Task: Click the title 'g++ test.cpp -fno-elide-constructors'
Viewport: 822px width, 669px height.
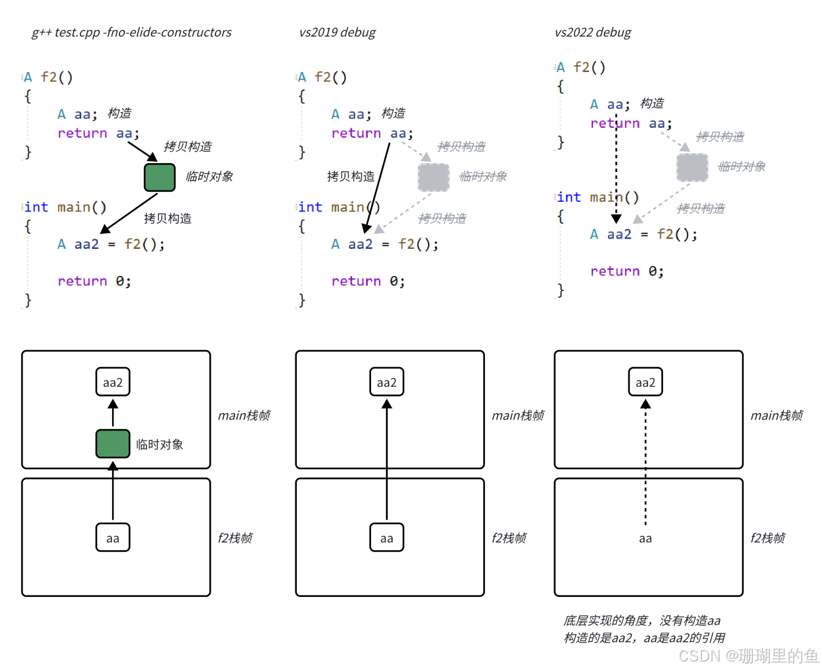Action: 131,33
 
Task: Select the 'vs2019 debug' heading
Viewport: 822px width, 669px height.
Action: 337,33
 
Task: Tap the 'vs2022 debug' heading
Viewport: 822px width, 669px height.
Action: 592,33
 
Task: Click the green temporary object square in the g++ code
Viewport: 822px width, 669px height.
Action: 160,177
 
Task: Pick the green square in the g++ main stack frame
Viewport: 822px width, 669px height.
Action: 113,444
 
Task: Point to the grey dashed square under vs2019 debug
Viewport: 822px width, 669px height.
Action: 433,177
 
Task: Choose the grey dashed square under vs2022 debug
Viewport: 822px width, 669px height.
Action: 692,167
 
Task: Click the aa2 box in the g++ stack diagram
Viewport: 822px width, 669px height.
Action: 113,382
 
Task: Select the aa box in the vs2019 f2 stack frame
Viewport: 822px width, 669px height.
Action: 387,538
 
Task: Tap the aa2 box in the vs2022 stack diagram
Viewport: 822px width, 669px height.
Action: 645,382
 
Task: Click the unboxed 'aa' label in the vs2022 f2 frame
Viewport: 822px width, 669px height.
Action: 645,538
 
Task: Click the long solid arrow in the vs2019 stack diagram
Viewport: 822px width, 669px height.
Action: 387,462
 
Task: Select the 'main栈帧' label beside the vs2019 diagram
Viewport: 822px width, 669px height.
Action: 518,415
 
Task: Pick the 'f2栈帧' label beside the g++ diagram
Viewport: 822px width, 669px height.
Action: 235,538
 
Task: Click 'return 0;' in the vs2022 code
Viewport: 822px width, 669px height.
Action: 626,271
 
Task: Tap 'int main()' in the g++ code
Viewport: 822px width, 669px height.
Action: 65,207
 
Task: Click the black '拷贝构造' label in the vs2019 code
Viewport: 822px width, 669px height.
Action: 351,177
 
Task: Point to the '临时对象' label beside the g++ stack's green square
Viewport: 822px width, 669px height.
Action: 160,445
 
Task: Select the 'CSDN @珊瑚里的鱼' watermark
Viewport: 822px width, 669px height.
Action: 749,655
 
